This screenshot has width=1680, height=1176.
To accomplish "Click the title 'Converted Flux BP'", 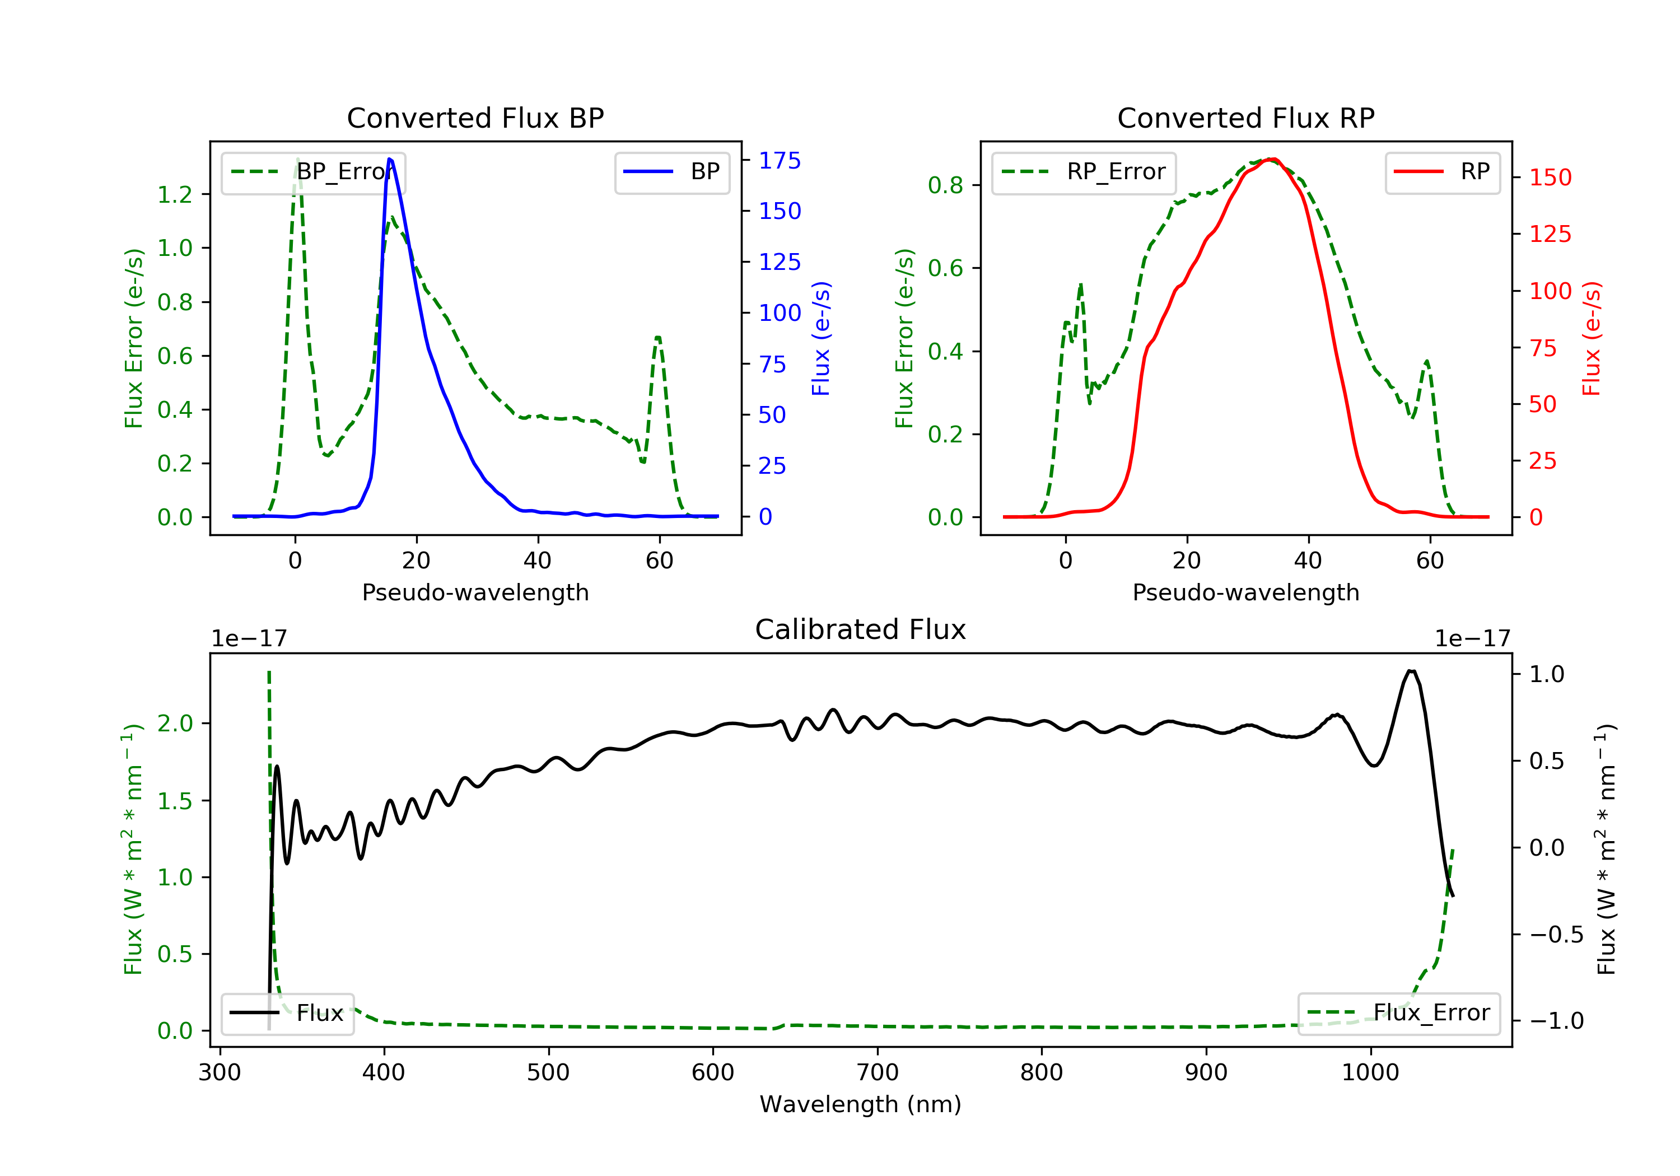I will (475, 118).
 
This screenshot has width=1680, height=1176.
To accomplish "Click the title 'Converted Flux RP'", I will (1245, 118).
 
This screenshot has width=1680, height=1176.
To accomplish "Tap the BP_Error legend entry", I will (313, 172).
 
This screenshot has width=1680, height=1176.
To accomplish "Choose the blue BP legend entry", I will (671, 172).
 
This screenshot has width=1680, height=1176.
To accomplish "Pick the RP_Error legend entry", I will (1084, 172).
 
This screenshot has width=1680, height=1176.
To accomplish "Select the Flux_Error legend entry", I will (1398, 1013).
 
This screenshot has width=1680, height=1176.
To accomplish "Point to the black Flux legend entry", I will (288, 1013).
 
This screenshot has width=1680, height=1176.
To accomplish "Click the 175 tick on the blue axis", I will (780, 160).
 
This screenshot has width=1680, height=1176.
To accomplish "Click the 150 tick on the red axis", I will (1550, 177).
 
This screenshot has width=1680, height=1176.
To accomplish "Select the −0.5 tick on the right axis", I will (1556, 935).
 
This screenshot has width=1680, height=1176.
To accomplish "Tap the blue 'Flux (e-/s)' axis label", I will (821, 339).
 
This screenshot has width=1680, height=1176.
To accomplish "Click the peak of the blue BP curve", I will (390, 159).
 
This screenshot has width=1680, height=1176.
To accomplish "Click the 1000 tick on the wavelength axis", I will (1370, 1073).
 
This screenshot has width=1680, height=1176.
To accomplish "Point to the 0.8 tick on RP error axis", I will (945, 185).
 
